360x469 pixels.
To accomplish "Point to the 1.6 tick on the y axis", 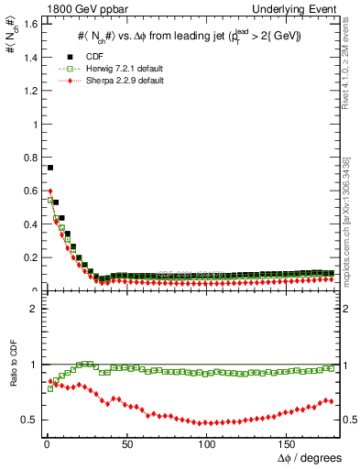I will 32,24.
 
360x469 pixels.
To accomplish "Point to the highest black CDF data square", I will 50,168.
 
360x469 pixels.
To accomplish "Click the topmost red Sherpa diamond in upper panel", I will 50,191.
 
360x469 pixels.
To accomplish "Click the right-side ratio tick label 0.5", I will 350,420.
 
